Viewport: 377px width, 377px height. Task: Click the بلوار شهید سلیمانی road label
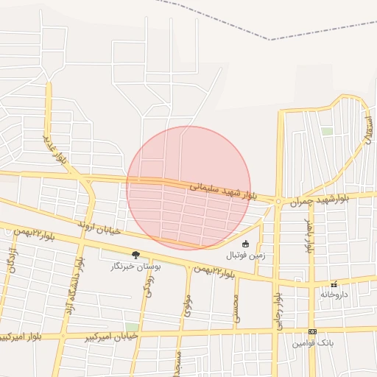pyautogui.click(x=223, y=191)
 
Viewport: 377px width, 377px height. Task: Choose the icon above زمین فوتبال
pyautogui.click(x=245, y=244)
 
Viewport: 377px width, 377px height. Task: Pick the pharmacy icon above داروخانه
pyautogui.click(x=334, y=283)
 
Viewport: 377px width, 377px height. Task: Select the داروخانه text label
pyautogui.click(x=334, y=294)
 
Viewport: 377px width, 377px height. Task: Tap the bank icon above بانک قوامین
pyautogui.click(x=312, y=332)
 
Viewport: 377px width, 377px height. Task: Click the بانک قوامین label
pyautogui.click(x=313, y=343)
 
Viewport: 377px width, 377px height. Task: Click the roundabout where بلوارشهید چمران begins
pyautogui.click(x=278, y=200)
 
